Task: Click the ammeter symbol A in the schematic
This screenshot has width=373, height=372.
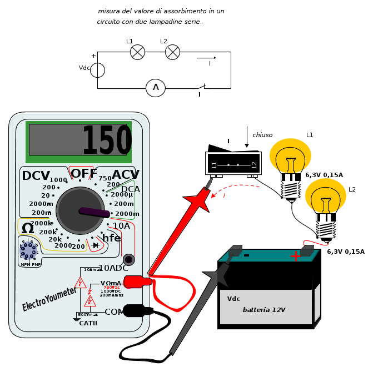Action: pyautogui.click(x=156, y=88)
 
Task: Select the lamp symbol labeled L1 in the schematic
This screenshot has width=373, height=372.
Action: pyautogui.click(x=137, y=52)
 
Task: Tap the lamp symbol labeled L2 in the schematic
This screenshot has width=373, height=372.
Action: pyautogui.click(x=173, y=52)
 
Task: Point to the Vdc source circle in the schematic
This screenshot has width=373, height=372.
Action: pyautogui.click(x=98, y=70)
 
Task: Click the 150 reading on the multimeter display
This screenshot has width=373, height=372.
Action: pyautogui.click(x=106, y=141)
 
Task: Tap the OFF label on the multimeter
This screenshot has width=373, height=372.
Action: pyautogui.click(x=84, y=174)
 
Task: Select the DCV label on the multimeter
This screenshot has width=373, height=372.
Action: pyautogui.click(x=36, y=176)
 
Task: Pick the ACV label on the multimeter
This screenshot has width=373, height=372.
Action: pyautogui.click(x=126, y=175)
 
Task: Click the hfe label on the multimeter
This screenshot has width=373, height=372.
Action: pyautogui.click(x=111, y=238)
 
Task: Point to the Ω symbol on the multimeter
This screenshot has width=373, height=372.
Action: pyautogui.click(x=28, y=228)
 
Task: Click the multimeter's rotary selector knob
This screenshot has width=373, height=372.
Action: pyautogui.click(x=80, y=210)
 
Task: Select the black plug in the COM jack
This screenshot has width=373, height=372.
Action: pyautogui.click(x=136, y=311)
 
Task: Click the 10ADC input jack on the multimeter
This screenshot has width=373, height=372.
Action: pyautogui.click(x=129, y=259)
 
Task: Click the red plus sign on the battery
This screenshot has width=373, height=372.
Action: pyautogui.click(x=296, y=256)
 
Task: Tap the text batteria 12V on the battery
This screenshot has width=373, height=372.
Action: pyautogui.click(x=263, y=310)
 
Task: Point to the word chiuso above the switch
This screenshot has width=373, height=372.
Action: pyautogui.click(x=262, y=135)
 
